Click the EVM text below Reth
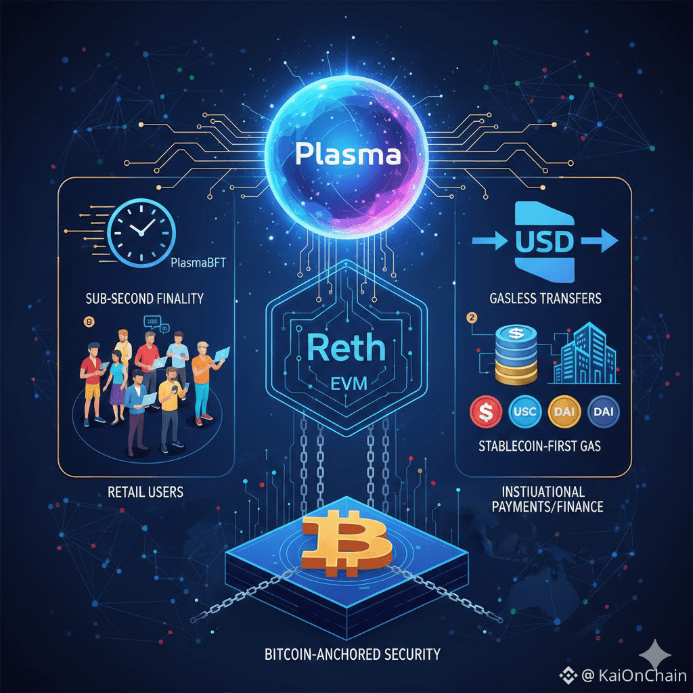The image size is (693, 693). point(346,385)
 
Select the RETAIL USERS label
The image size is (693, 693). point(146,492)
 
